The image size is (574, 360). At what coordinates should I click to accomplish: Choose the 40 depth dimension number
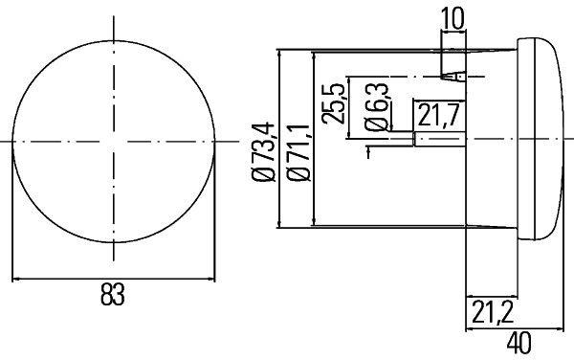click(519, 341)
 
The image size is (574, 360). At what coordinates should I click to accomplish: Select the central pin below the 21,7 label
click(438, 140)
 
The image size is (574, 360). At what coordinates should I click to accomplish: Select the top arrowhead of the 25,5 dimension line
click(350, 79)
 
